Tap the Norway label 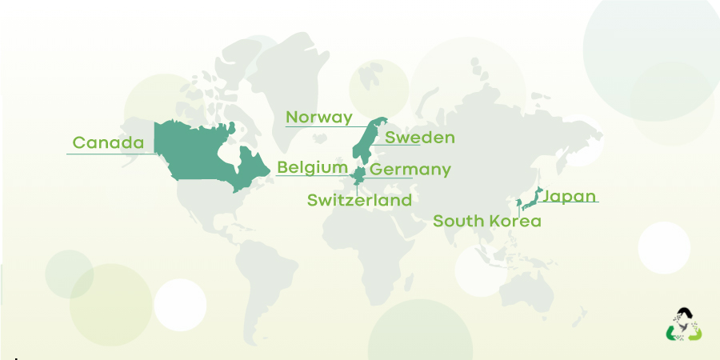[318, 118]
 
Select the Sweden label [419, 138]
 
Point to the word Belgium [312, 168]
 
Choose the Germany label [410, 170]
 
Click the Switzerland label [359, 200]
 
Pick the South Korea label [486, 221]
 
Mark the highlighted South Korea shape [518, 205]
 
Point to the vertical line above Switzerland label [356, 183]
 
